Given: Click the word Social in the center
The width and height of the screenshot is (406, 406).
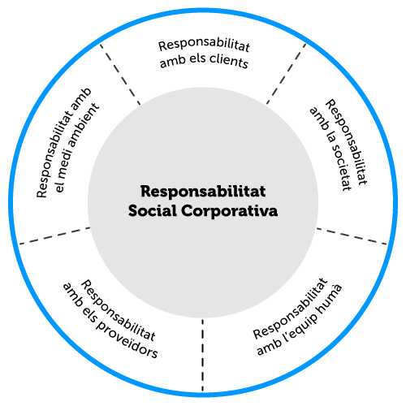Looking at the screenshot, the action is click(x=153, y=210).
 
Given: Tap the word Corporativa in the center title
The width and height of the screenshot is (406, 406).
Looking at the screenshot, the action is click(x=230, y=211).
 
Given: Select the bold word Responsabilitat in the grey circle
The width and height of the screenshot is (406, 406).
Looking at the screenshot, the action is click(x=203, y=192).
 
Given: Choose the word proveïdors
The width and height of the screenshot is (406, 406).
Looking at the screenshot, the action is click(x=127, y=339).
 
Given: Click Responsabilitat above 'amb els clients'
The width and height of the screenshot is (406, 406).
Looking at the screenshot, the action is click(x=204, y=45).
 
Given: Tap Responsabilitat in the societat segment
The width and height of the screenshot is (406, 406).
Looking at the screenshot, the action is click(x=347, y=142).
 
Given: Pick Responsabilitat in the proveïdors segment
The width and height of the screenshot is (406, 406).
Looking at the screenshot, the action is click(x=118, y=310).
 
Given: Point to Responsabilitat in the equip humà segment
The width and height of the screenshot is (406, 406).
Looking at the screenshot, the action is click(x=291, y=308).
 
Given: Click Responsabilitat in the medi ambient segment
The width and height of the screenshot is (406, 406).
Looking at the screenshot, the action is click(x=63, y=143).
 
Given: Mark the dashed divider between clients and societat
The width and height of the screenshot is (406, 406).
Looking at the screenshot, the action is click(x=287, y=74).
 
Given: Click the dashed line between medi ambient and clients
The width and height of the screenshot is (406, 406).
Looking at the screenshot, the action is click(x=120, y=74).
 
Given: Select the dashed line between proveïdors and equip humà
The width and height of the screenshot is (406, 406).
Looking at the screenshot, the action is click(x=202, y=355).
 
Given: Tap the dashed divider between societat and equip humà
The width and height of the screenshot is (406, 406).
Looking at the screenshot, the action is click(x=352, y=236).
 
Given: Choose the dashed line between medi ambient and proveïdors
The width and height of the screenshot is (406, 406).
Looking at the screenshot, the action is click(x=54, y=235).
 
